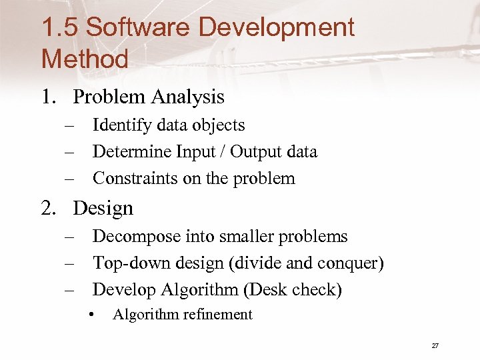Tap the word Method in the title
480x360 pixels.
click(x=85, y=59)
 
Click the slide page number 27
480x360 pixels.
click(x=435, y=345)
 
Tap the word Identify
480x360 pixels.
click(x=123, y=125)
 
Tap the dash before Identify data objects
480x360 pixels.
click(x=69, y=125)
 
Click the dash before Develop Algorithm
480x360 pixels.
click(x=69, y=290)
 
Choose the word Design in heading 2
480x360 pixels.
click(x=103, y=209)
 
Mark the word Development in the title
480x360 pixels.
click(x=277, y=28)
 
